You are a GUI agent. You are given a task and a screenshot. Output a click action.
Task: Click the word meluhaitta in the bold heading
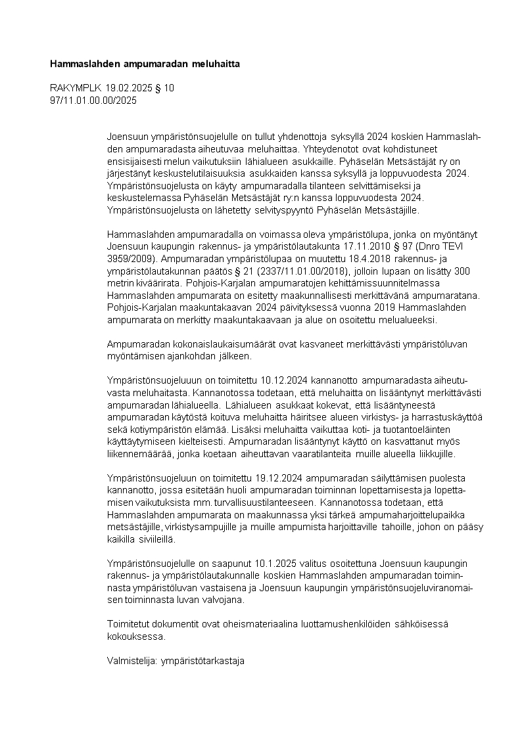pyautogui.click(x=217, y=64)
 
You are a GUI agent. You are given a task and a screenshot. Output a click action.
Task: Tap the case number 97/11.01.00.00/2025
pyautogui.click(x=93, y=100)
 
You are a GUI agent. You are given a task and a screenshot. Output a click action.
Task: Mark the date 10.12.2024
pyautogui.click(x=286, y=380)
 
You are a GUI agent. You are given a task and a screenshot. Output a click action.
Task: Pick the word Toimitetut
pyautogui.click(x=129, y=623)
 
